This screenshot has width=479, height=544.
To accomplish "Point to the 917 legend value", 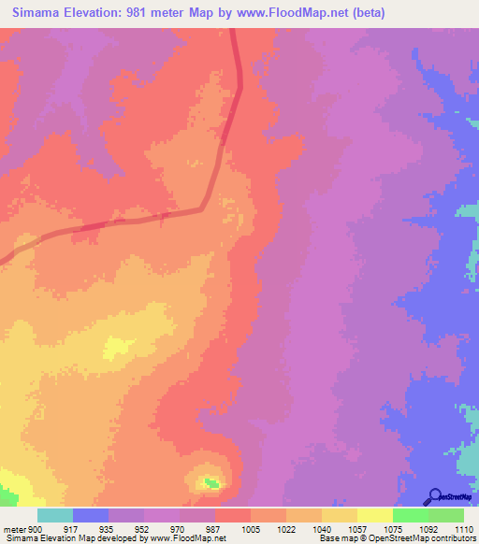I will point(71,528).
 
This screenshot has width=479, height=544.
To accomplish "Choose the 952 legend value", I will point(143,528).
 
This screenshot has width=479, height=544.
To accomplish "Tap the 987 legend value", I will point(214,528).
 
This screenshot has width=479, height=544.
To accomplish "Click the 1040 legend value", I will point(322,528).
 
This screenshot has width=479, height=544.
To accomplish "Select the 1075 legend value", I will point(393,528).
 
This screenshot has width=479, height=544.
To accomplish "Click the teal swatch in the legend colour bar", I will point(55,515).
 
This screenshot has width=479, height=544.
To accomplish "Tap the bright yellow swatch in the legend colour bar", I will point(375,515).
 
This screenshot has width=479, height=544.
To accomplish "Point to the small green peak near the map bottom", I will point(212,482).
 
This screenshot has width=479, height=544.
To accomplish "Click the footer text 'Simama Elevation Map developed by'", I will point(74,538).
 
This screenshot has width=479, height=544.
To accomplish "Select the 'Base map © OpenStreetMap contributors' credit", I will point(395,538).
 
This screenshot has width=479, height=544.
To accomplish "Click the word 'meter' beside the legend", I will point(14,528).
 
